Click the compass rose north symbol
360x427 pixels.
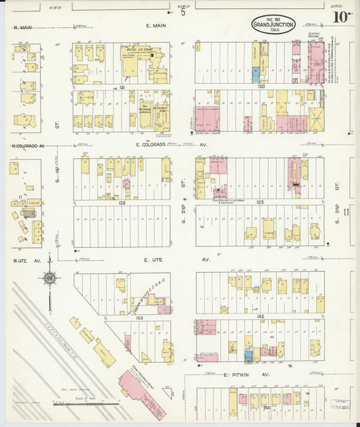tap(49, 277)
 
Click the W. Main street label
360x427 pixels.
tap(24, 27)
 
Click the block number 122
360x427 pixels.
tap(122, 202)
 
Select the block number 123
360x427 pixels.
tap(259, 202)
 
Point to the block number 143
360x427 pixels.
tap(139, 317)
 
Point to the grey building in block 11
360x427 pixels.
tap(28, 212)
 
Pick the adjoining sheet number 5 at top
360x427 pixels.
tap(182, 11)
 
